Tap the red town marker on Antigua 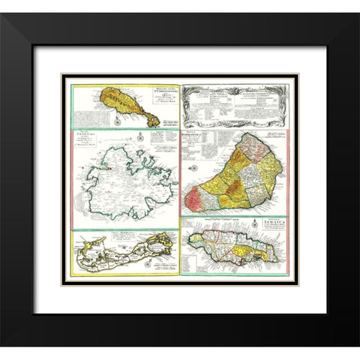click(109, 167)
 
